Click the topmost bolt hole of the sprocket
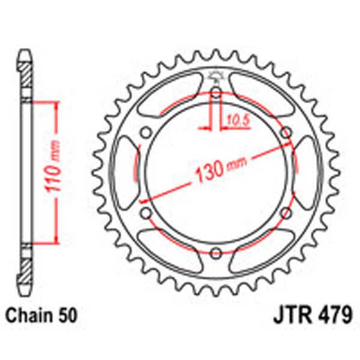pos(215,92)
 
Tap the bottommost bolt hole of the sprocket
pos(215,251)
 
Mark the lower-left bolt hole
pos(146,212)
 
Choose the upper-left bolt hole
pos(146,133)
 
